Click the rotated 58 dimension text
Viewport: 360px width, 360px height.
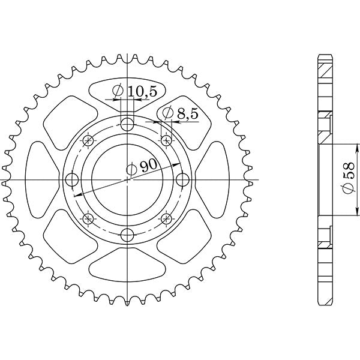(347, 179)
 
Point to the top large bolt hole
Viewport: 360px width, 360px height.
(127, 125)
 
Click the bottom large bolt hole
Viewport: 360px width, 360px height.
(127, 235)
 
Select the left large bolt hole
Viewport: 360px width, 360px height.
(72, 180)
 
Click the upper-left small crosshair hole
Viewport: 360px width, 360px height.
(89, 141)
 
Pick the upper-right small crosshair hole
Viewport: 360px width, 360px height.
(166, 141)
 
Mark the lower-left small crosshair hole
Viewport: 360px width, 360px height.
(89, 218)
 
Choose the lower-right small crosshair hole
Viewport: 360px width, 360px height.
(166, 218)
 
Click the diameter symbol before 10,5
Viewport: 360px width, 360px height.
(118, 91)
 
